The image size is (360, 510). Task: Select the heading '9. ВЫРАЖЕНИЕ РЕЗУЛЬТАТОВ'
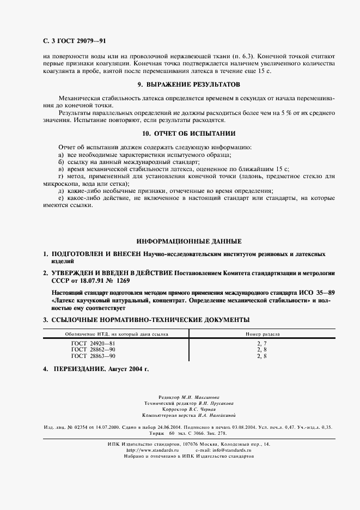tap(188, 84)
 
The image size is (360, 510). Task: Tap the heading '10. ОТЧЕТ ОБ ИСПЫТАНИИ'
tap(188, 133)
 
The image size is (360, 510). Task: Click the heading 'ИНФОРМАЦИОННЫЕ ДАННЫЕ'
tap(188, 241)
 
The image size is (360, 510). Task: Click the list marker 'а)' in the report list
tap(61, 155)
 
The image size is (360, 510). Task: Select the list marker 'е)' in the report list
tap(61, 199)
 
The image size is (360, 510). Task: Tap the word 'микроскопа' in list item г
tap(59, 184)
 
